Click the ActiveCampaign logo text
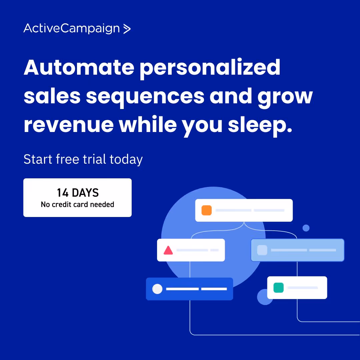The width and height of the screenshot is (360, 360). click(71, 29)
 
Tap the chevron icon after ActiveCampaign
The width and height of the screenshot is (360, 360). click(127, 29)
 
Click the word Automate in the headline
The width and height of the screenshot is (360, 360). click(79, 67)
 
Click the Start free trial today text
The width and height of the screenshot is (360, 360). click(83, 159)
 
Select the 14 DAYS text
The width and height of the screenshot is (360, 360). click(78, 193)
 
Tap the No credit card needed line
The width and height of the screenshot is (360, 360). click(78, 204)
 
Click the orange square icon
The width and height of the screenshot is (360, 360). click(207, 210)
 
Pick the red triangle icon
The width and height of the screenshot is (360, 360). click(168, 250)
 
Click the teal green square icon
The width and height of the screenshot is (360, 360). click(278, 288)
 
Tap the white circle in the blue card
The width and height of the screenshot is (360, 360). click(157, 289)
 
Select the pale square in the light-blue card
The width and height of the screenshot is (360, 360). click(262, 250)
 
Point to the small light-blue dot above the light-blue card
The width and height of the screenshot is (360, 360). click(306, 228)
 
